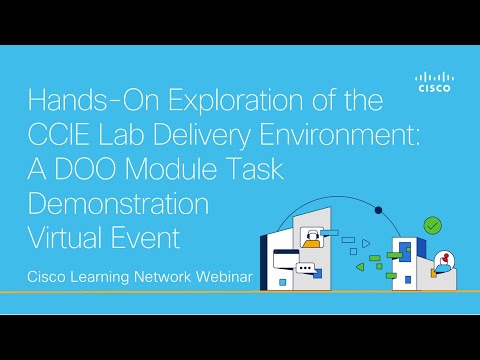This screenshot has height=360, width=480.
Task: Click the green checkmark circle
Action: tap(432, 226)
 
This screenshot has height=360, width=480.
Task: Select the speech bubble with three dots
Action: tap(305, 268)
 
